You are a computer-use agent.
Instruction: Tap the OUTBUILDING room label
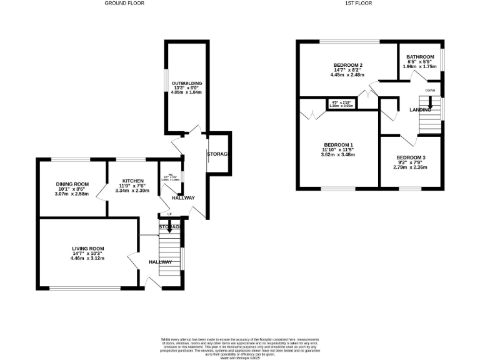[187, 82]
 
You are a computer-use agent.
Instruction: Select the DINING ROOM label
[72, 184]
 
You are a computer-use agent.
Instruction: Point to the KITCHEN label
[132, 181]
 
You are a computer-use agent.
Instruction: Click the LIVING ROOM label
[87, 248]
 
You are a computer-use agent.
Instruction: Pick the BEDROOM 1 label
[337, 144]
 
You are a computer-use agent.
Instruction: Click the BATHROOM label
[421, 57]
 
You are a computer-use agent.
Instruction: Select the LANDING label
[420, 110]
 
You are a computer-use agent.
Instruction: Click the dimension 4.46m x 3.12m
[87, 258]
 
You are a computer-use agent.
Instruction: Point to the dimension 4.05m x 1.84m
[187, 92]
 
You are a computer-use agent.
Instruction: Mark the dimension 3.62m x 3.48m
[337, 154]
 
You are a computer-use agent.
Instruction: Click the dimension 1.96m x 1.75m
[421, 67]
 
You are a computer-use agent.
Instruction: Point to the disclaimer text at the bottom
[240, 346]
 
